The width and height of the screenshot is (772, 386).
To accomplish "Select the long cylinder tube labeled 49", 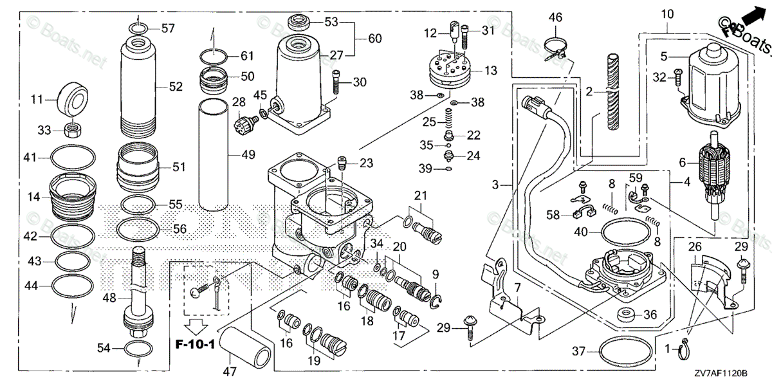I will click(x=217, y=154).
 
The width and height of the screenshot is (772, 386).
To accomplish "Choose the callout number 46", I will click(x=555, y=17).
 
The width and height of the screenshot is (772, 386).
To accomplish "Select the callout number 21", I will click(x=420, y=196).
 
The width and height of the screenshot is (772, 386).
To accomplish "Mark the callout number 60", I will click(x=375, y=39).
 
